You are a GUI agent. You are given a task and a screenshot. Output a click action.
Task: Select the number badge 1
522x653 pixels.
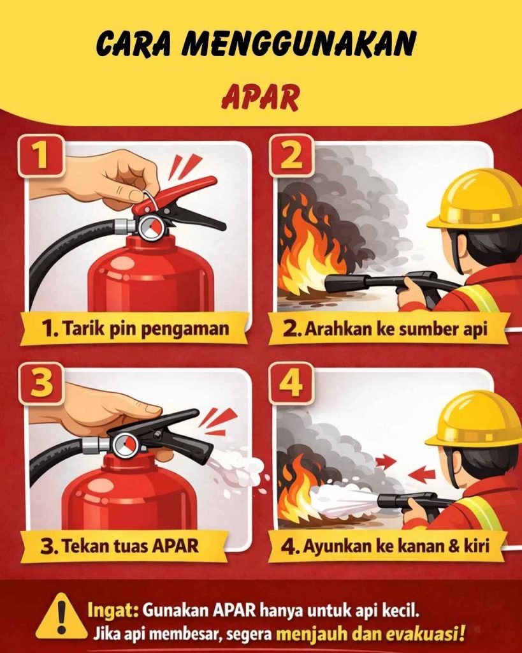[x=41, y=155]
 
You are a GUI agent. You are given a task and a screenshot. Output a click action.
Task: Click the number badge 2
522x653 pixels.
[x=291, y=155]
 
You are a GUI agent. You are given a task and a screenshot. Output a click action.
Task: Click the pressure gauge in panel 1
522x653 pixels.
[x=151, y=228]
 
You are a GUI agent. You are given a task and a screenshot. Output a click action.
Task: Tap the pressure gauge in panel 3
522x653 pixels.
[x=125, y=444]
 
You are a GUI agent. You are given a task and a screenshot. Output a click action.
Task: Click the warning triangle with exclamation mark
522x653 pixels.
[x=61, y=617]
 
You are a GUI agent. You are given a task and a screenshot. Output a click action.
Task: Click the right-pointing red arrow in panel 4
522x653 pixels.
[x=385, y=460]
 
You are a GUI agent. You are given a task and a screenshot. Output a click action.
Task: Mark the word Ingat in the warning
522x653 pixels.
[x=113, y=609]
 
